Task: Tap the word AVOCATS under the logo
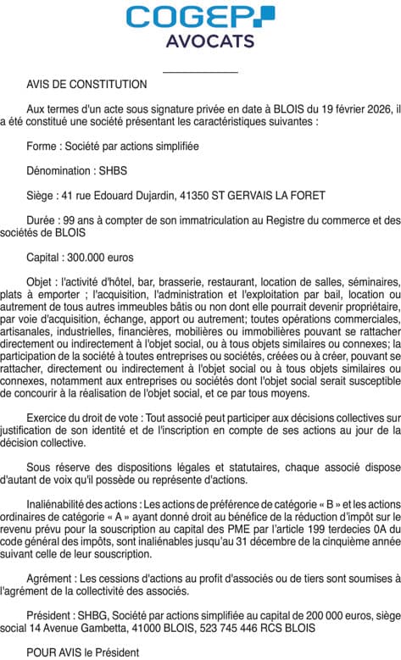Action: tap(200, 41)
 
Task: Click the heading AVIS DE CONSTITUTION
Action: tap(86, 84)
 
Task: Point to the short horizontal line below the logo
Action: tap(200, 73)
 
